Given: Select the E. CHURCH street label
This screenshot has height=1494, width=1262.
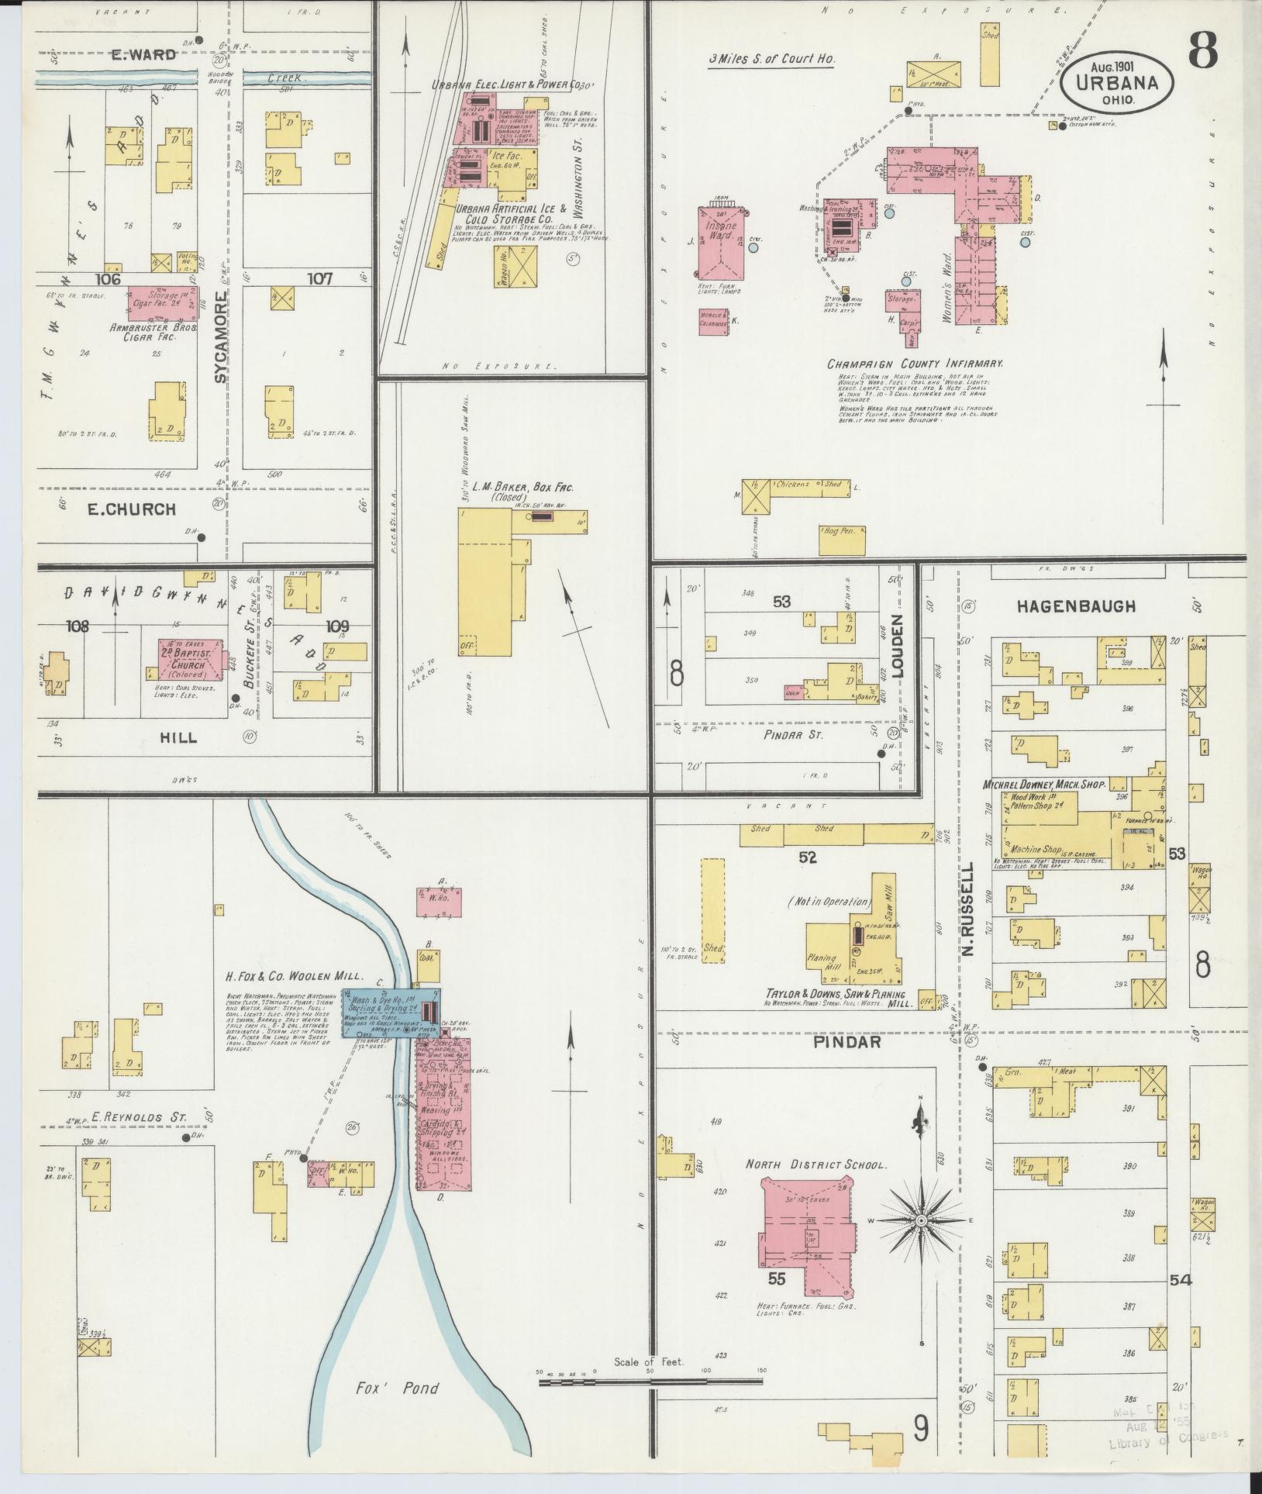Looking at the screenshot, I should (131, 509).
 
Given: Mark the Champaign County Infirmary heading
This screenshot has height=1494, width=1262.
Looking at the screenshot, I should (915, 363).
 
